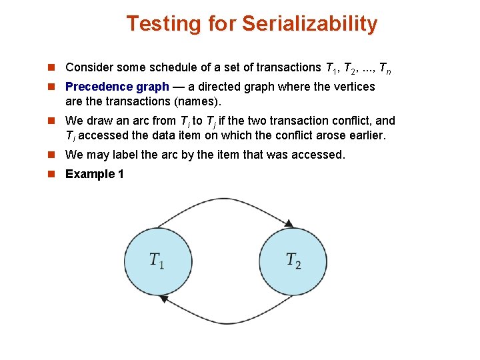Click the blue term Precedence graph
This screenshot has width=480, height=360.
point(117,87)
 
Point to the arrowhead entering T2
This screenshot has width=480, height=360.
point(288,223)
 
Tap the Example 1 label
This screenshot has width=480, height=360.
point(94,174)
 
